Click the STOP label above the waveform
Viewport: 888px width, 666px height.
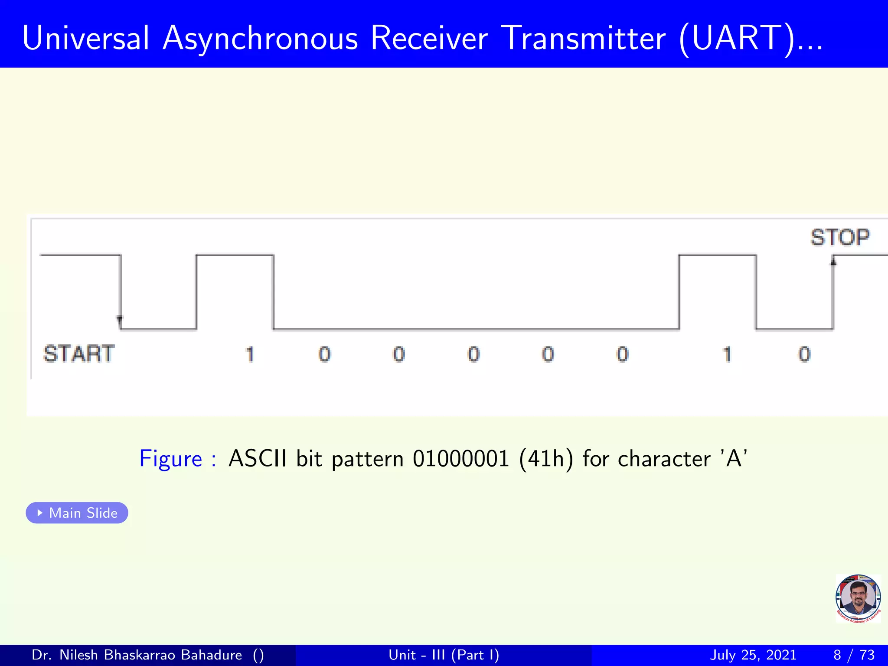(840, 238)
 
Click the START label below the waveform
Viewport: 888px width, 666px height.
(79, 354)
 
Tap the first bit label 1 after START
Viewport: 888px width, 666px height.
(249, 355)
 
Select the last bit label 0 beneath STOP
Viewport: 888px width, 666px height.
(804, 355)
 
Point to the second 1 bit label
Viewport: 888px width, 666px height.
(727, 355)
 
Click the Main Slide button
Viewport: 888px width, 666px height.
(77, 513)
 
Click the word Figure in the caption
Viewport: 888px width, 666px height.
(170, 459)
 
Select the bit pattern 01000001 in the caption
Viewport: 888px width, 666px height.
(460, 459)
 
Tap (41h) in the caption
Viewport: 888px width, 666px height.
(546, 459)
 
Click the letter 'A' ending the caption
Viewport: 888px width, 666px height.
(734, 458)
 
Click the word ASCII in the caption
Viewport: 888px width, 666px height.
(258, 458)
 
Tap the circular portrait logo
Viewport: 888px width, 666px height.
(858, 598)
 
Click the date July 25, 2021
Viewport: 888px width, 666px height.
(753, 655)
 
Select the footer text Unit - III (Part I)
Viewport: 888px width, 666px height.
(444, 655)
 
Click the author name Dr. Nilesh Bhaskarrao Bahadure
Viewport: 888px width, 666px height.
(137, 655)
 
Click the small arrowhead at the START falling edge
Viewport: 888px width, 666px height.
(120, 320)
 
